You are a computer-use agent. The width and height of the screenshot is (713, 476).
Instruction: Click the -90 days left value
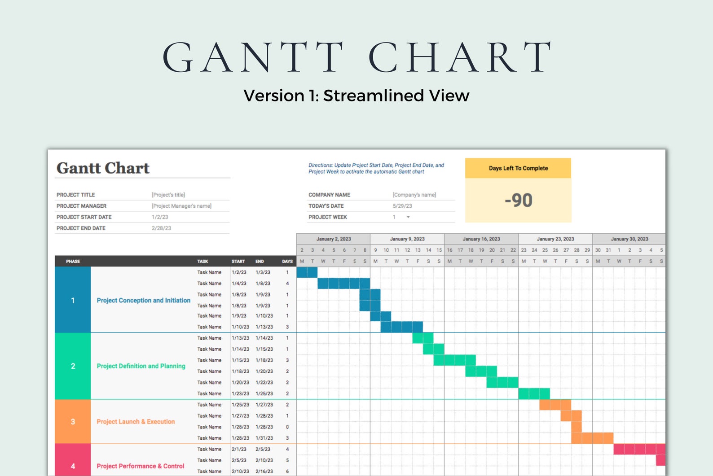[x=518, y=200]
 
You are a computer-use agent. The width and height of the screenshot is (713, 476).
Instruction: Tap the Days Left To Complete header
[x=518, y=168]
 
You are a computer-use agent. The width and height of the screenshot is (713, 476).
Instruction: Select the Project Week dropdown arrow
[x=408, y=217]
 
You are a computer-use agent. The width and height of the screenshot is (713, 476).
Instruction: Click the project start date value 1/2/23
[x=160, y=217]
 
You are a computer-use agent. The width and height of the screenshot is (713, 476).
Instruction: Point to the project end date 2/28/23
[x=161, y=228]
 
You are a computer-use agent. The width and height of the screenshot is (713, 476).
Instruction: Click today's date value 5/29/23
[x=402, y=206]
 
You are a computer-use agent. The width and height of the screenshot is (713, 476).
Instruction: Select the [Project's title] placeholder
[x=168, y=195]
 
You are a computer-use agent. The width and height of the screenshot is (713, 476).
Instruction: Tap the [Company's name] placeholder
[x=414, y=195]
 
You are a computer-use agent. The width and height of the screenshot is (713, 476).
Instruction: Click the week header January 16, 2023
[x=481, y=239]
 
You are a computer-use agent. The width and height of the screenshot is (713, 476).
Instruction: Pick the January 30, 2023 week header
[x=629, y=239]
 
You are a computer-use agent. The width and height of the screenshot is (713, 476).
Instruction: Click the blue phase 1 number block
[x=73, y=300]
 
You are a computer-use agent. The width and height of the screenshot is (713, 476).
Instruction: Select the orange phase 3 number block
[x=73, y=422]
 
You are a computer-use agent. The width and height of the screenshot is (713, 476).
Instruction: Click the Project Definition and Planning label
[x=141, y=366]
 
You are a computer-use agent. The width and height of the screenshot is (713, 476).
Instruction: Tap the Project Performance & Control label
[x=141, y=466]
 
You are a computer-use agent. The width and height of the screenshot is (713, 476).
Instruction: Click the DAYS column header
[x=287, y=261]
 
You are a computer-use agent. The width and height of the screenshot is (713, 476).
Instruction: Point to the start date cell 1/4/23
[x=239, y=284]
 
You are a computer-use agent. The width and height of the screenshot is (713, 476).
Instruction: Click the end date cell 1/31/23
[x=264, y=438]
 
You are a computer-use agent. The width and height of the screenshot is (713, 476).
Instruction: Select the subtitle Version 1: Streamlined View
[x=356, y=96]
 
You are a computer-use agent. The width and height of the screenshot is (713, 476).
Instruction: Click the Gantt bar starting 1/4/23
[x=343, y=284]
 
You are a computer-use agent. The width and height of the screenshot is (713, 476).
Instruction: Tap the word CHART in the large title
[x=460, y=57]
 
